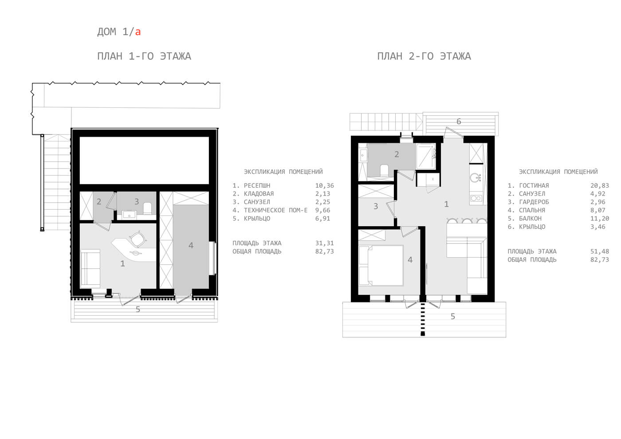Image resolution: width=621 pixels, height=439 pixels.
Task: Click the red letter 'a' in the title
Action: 138,32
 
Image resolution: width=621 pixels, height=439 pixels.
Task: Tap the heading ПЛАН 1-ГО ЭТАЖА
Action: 144,56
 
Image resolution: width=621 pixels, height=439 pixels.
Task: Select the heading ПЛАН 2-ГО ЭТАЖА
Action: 424,56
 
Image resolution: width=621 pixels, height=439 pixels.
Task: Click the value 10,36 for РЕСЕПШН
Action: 324,186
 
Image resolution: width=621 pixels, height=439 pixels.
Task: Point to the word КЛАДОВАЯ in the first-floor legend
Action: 259,194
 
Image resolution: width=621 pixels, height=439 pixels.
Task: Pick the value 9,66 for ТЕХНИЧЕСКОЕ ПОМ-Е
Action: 323,210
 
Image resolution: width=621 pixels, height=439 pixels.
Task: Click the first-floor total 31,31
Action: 324,243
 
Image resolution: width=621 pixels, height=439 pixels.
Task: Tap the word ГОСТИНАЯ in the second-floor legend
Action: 534,186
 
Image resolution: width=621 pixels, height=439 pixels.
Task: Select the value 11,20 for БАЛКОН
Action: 600,219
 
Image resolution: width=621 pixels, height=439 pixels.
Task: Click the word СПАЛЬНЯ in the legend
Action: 532,210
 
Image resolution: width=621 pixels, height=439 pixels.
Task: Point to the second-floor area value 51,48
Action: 600,252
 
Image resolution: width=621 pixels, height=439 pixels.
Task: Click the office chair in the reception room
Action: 137,239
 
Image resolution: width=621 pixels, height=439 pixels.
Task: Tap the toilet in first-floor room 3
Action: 147,208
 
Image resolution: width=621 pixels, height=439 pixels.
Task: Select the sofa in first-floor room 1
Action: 90,268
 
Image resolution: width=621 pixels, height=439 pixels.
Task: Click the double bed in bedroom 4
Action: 381,266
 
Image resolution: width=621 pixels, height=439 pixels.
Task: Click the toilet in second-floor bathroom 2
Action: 384,170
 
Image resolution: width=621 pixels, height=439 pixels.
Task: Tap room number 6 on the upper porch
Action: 459,122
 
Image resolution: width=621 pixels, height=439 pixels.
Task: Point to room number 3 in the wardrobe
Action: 376,206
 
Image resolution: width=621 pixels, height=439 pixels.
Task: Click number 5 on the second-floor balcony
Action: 453,316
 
